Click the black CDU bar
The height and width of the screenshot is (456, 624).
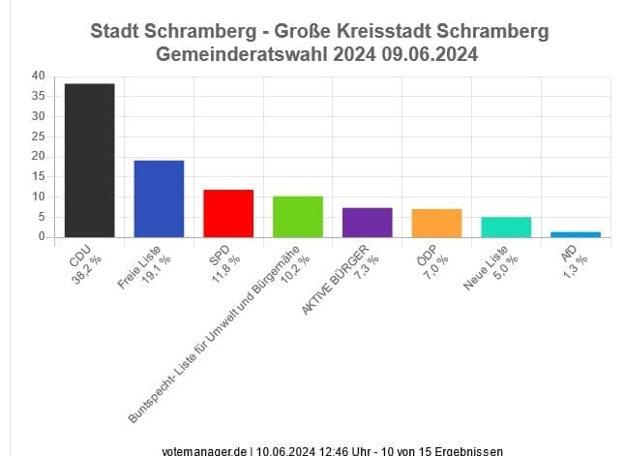tap(89, 160)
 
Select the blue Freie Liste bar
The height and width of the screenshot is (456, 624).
tap(159, 198)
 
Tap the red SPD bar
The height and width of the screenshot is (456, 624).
tap(228, 213)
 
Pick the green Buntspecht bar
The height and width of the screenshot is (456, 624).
tap(298, 216)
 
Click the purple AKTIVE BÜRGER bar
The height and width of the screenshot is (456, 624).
tap(368, 222)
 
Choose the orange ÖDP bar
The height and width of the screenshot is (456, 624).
tap(436, 223)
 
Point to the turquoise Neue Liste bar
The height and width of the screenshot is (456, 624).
tap(506, 227)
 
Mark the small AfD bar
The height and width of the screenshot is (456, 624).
tap(576, 233)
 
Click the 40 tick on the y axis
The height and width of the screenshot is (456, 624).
tap(38, 76)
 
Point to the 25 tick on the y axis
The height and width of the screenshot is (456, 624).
tap(38, 136)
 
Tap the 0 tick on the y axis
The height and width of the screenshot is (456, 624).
tap(42, 236)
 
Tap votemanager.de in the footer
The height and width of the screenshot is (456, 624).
tap(206, 450)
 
